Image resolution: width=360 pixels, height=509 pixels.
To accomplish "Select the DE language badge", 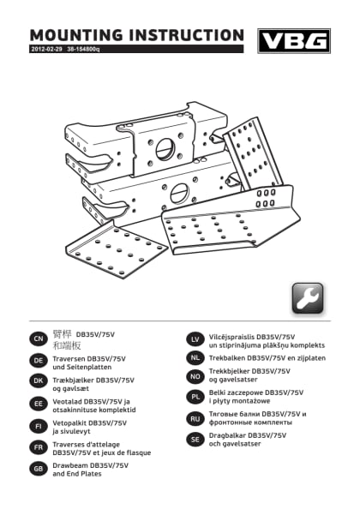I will [x=38, y=361].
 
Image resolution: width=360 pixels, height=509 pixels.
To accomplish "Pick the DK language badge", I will [x=38, y=382].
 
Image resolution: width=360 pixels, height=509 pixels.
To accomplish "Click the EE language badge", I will [x=38, y=404].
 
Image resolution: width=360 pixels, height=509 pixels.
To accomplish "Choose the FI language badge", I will [x=38, y=425].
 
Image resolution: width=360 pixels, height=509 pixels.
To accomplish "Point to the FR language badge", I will [x=38, y=447].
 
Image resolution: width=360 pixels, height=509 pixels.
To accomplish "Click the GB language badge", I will [x=38, y=468].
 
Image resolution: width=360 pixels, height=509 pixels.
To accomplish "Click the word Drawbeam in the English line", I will [x=71, y=464].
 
